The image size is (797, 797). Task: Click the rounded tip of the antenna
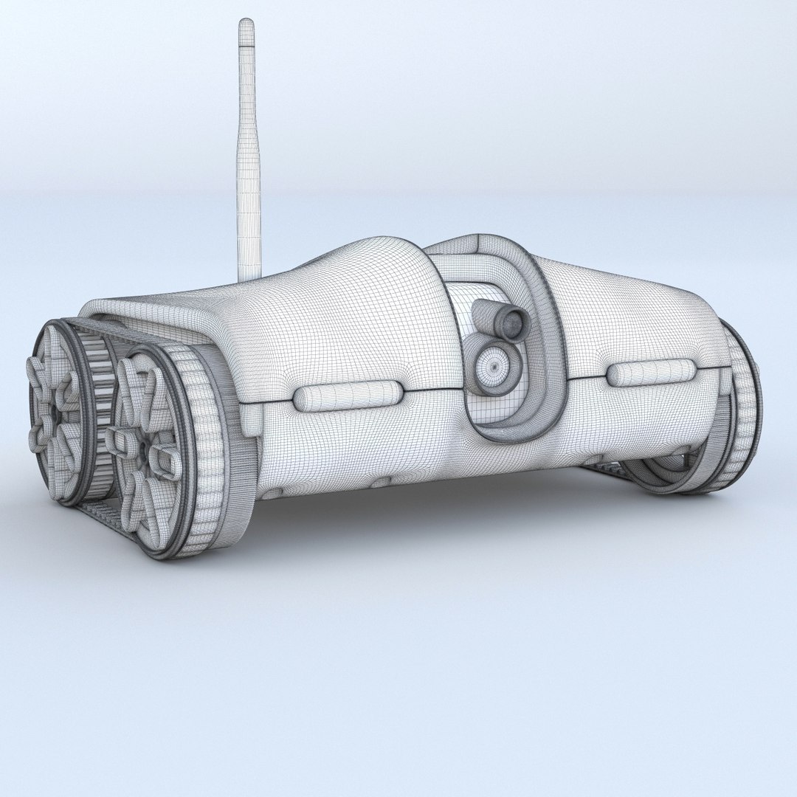pos(246,24)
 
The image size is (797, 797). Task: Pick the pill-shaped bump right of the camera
pos(651,373)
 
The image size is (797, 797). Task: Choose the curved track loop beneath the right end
pos(664,480)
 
